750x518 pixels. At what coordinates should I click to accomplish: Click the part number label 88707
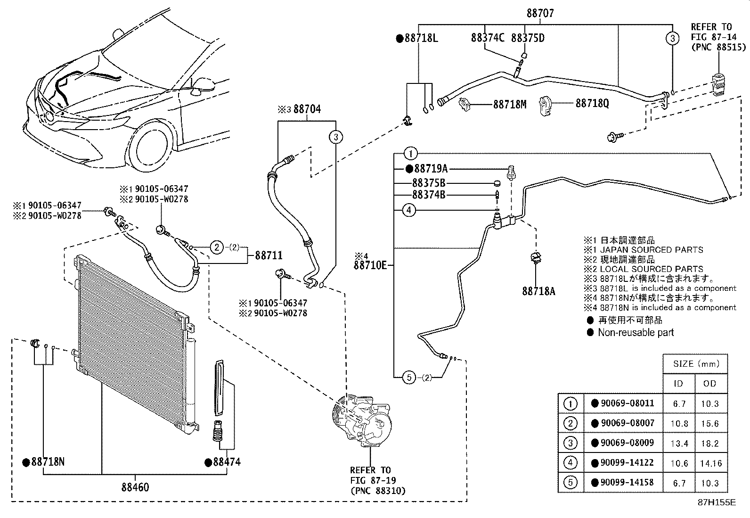click(x=540, y=13)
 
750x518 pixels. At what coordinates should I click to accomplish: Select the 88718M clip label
click(x=510, y=105)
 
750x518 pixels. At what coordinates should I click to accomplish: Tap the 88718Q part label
click(x=592, y=104)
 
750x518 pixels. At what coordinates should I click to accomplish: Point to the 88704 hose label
click(x=307, y=109)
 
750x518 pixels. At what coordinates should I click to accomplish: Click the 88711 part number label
click(x=269, y=255)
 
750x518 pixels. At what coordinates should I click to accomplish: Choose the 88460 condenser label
click(x=135, y=487)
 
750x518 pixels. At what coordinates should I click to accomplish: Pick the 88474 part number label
click(x=227, y=462)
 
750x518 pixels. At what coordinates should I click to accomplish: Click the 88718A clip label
click(x=539, y=291)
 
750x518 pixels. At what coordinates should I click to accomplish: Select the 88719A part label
click(x=431, y=169)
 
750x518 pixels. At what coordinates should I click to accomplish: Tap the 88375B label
click(x=429, y=183)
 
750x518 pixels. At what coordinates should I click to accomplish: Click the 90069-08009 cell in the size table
click(x=627, y=443)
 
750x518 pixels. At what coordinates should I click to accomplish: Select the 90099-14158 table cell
click(x=627, y=483)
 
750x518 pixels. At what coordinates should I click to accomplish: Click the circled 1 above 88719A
click(x=410, y=154)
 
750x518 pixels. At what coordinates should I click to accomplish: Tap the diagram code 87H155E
click(x=717, y=502)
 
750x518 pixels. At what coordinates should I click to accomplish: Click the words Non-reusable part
click(x=636, y=332)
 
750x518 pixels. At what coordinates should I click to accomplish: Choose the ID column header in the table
click(x=678, y=383)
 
